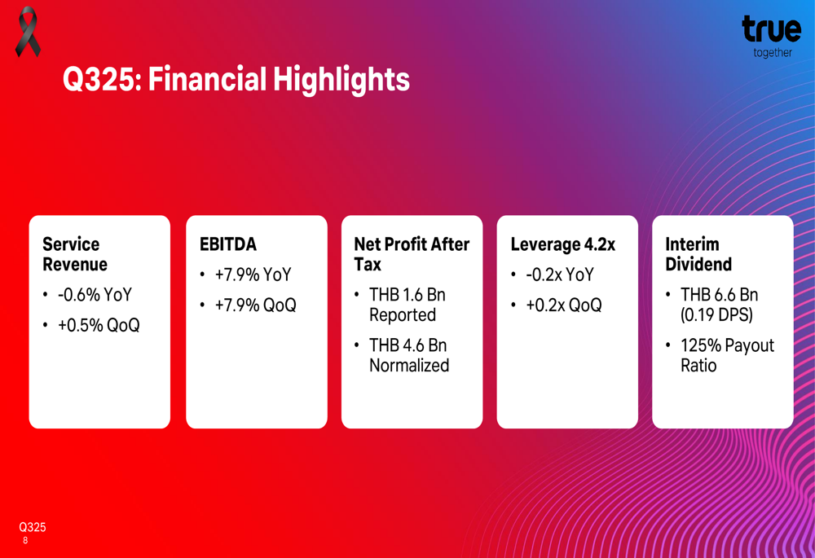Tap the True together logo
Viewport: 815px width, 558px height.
click(x=770, y=35)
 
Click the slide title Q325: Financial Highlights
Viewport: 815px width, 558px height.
click(x=236, y=80)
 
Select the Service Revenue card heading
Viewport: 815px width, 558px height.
click(x=75, y=254)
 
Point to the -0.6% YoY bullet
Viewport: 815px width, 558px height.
click(x=94, y=295)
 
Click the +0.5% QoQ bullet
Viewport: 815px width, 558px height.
click(x=98, y=325)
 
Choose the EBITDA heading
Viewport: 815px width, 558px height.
click(x=228, y=244)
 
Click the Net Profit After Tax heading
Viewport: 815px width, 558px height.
click(x=412, y=254)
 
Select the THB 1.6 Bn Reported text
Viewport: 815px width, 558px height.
click(x=407, y=305)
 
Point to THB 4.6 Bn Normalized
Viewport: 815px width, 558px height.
click(x=408, y=355)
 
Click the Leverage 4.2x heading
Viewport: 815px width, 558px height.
click(x=562, y=244)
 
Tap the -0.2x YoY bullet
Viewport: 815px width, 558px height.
click(x=559, y=275)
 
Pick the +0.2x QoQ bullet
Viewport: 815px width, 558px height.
click(x=563, y=305)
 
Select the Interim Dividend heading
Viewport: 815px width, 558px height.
click(x=698, y=254)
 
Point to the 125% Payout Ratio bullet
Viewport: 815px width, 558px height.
click(x=726, y=355)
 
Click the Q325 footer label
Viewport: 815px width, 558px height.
click(x=33, y=527)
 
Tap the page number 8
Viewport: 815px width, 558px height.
click(x=26, y=541)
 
